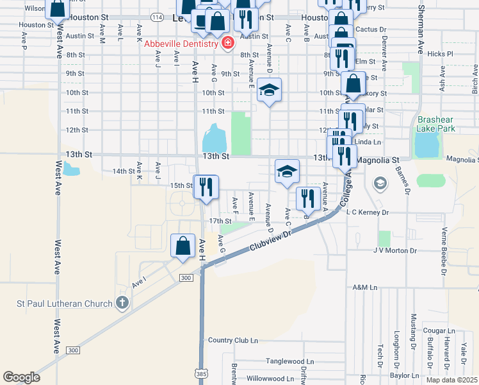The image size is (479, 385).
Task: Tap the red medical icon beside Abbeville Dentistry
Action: [227, 44]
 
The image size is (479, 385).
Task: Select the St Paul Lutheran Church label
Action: [61, 303]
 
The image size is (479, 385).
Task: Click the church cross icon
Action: [122, 303]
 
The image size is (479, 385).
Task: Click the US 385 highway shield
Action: [201, 372]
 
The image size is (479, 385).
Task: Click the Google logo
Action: [21, 377]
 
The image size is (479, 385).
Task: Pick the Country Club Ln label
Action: [232, 340]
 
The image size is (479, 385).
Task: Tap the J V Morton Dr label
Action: [395, 251]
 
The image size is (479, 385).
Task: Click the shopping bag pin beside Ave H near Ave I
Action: [183, 245]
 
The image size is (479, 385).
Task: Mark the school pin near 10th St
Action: [270, 91]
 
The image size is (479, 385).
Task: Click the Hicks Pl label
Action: [441, 55]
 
